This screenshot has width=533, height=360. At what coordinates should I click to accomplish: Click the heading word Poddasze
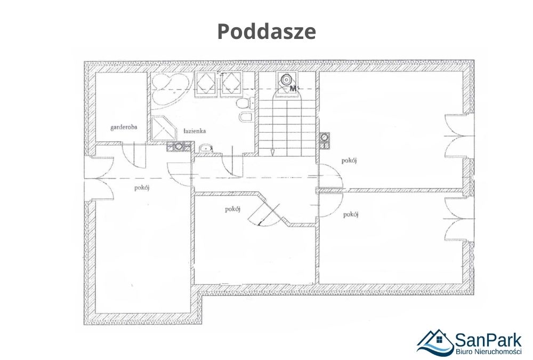pyautogui.click(x=266, y=31)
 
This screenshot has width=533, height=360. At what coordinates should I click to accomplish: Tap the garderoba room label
pyautogui.click(x=124, y=127)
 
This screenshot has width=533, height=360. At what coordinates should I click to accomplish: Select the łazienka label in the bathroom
pyautogui.click(x=195, y=131)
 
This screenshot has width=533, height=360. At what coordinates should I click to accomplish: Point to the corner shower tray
pyautogui.click(x=164, y=129)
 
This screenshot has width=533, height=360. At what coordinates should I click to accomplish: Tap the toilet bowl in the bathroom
pyautogui.click(x=246, y=103)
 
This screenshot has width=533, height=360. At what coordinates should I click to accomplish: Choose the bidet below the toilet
pyautogui.click(x=245, y=117)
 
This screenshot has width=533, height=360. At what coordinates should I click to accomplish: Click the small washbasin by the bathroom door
pyautogui.click(x=205, y=148)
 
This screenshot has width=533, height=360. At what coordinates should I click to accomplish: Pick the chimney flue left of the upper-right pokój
pyautogui.click(x=324, y=140)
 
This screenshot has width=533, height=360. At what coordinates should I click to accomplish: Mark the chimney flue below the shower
pyautogui.click(x=179, y=147)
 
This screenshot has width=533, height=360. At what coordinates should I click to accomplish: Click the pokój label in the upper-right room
pyautogui.click(x=349, y=161)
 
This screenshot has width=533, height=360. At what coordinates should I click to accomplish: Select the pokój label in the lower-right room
pyautogui.click(x=351, y=214)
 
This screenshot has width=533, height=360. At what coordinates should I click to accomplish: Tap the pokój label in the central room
pyautogui.click(x=233, y=209)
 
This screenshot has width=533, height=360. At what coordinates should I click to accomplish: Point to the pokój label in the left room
pyautogui.click(x=142, y=188)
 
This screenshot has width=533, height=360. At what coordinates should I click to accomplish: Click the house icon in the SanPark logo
pyautogui.click(x=435, y=342)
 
